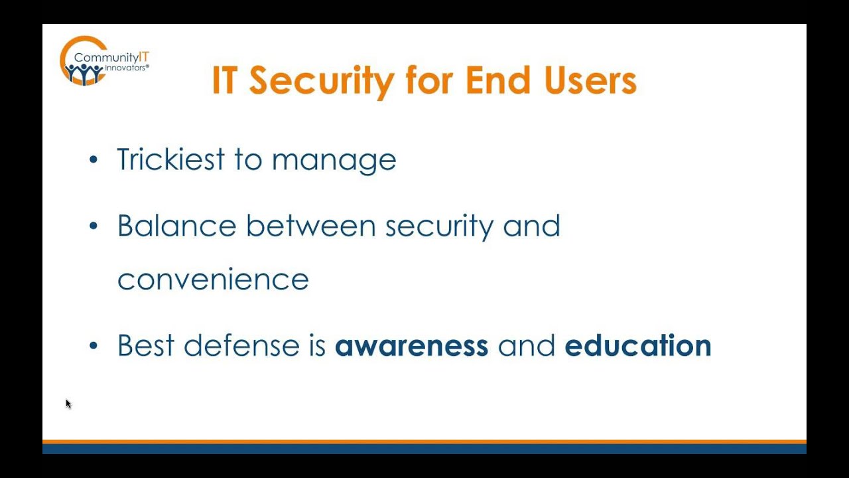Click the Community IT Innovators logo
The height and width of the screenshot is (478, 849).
(103, 61)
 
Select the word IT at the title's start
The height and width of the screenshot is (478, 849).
(224, 80)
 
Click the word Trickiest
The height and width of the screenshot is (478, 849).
(170, 160)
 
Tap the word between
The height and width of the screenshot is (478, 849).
(311, 226)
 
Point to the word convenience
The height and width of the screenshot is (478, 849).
(213, 279)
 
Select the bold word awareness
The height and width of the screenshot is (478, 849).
(411, 346)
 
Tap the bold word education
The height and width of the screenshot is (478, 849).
(637, 346)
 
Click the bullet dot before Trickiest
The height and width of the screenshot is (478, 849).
(94, 160)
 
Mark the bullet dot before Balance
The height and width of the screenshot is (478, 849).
(94, 226)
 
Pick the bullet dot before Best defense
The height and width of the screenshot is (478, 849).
(94, 346)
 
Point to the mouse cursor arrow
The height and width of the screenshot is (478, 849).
(68, 404)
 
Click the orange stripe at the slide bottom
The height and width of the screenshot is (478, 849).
(424, 441)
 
